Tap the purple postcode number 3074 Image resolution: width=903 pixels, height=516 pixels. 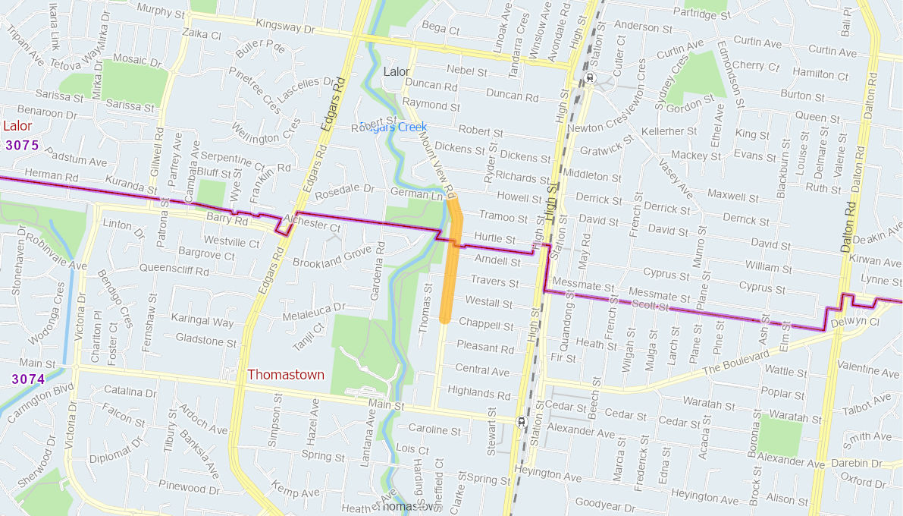coord(28,379)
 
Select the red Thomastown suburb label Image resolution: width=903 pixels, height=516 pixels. coord(286,375)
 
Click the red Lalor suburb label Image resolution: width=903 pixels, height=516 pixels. coord(17,126)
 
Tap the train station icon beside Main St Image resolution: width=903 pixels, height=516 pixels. coord(521,422)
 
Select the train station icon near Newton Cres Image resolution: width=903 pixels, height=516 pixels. coord(590,78)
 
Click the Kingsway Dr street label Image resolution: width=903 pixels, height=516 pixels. coord(285,25)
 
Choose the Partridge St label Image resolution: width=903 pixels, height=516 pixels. coord(701,13)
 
